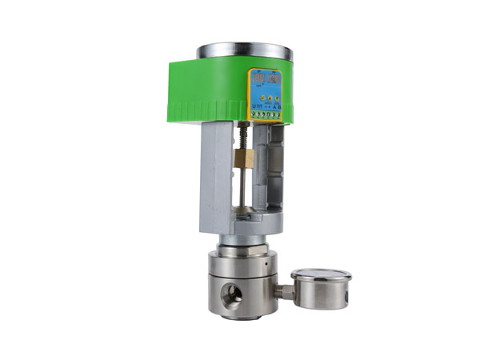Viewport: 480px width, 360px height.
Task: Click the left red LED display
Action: (258, 78)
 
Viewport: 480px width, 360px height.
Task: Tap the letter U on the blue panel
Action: (253, 106)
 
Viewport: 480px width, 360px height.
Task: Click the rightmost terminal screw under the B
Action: (279, 115)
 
